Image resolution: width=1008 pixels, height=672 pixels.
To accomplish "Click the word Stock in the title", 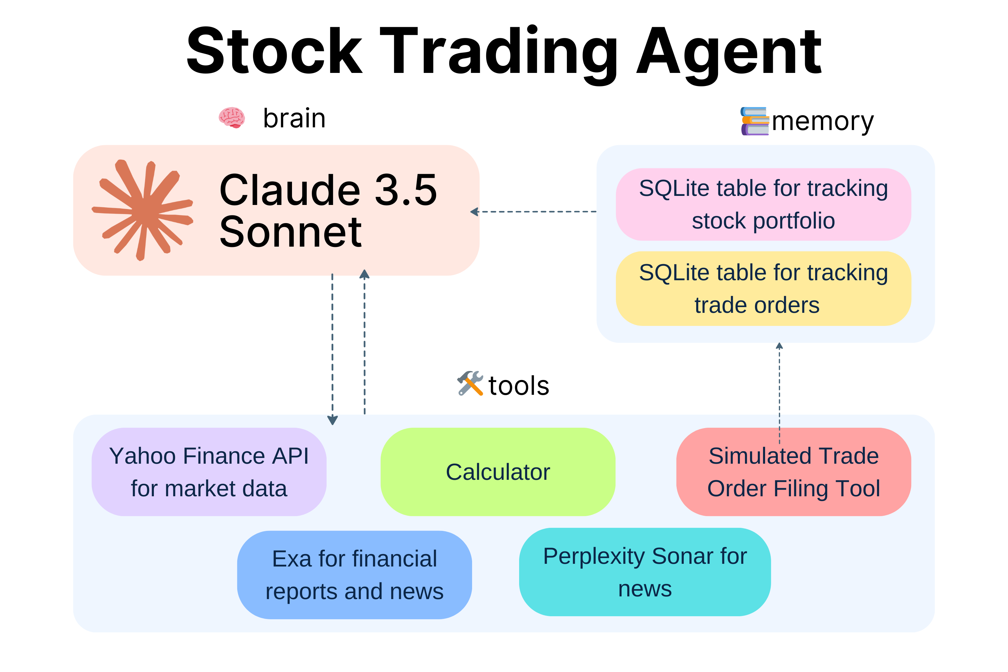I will (274, 51).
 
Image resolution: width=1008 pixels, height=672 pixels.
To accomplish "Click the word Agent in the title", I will (728, 53).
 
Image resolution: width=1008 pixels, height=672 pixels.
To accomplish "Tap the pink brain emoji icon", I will (232, 117).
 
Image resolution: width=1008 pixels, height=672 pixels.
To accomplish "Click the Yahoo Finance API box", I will (209, 472).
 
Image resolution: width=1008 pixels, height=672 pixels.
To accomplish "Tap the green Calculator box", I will (498, 472).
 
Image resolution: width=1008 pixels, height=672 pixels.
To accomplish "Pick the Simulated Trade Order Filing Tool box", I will (793, 472).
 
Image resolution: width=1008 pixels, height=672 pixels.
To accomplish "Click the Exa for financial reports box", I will (354, 575).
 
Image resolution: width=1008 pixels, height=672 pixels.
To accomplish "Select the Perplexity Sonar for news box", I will (644, 572).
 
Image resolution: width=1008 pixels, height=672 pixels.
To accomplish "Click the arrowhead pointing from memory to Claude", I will (474, 212).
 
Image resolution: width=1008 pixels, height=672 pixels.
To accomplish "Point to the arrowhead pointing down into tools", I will (333, 420).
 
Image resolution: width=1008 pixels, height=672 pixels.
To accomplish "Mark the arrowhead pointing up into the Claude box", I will (364, 274).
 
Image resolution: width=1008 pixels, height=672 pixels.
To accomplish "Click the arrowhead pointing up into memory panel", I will (779, 346).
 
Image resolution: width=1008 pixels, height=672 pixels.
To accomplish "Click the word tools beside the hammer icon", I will (518, 386).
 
